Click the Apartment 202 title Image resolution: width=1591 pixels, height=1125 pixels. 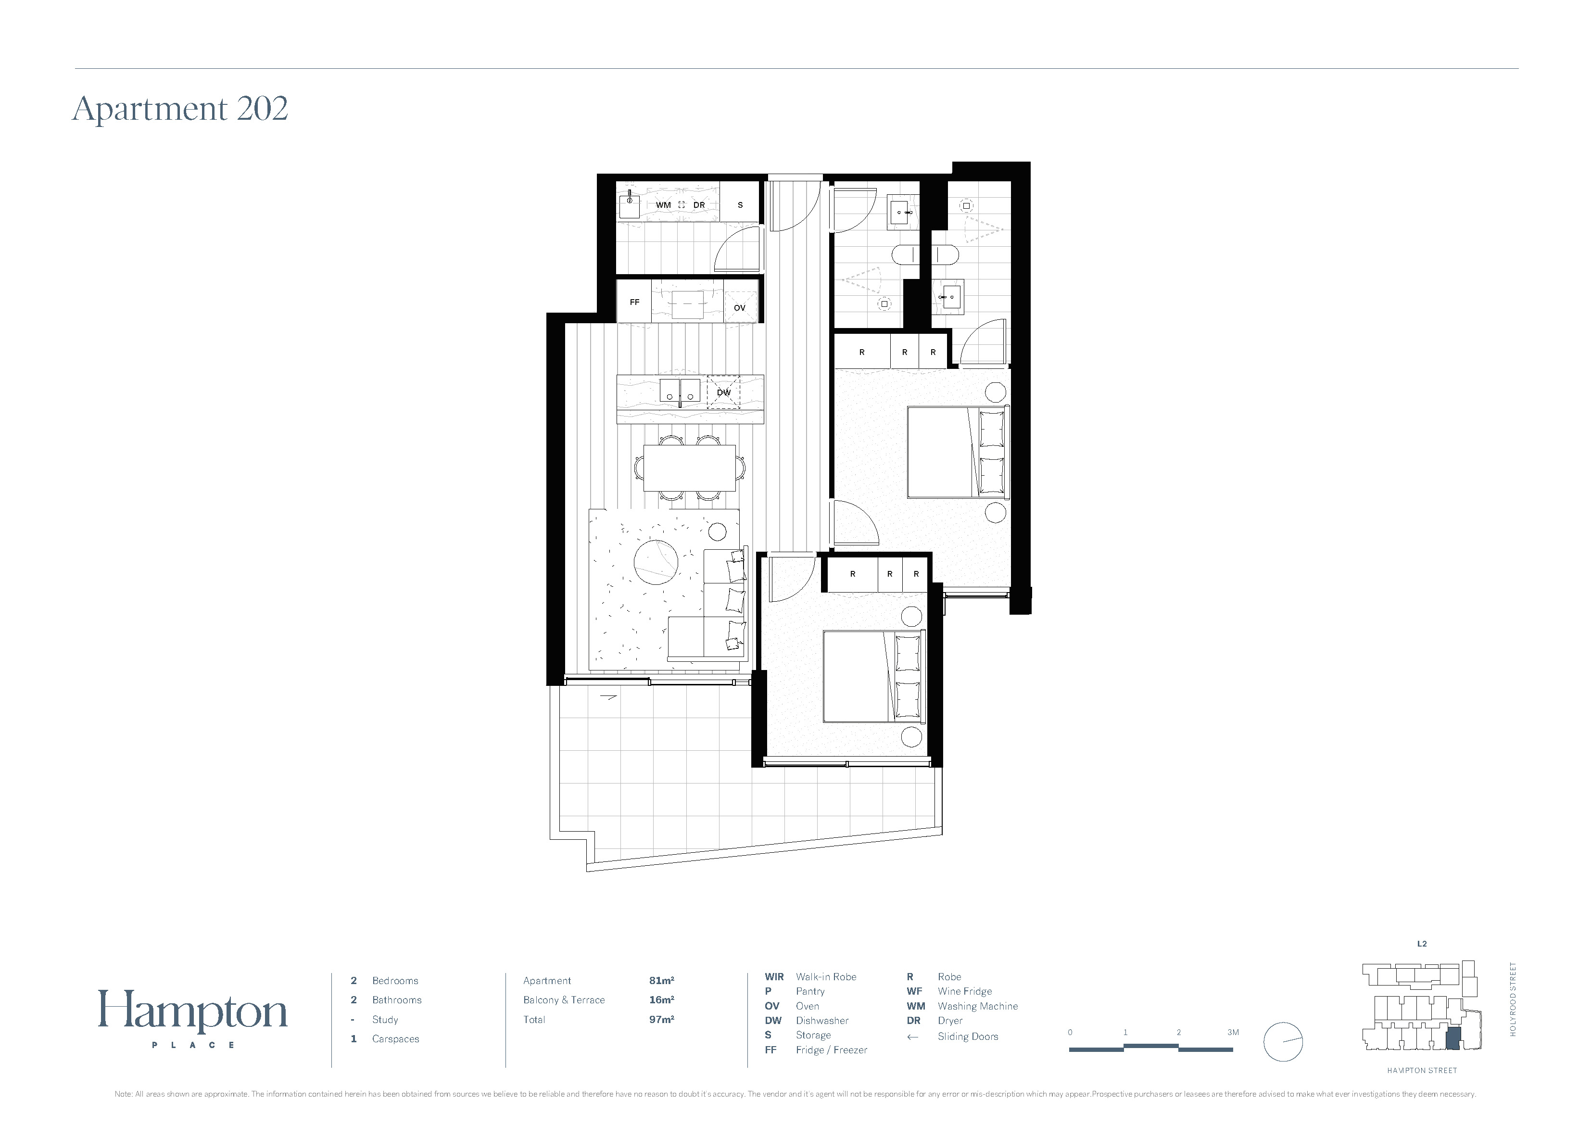click(180, 109)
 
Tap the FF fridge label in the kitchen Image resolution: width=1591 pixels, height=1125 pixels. click(634, 302)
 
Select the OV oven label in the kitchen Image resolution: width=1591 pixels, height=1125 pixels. click(739, 308)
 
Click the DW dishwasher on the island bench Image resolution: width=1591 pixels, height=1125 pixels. click(723, 392)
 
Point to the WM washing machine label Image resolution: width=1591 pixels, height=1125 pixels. click(663, 205)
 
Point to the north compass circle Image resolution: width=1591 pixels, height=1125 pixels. click(1283, 1042)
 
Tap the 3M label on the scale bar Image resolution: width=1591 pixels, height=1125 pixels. click(1233, 1032)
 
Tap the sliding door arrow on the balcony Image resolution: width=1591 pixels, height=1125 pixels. click(607, 697)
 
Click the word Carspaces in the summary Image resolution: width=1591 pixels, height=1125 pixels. click(396, 1038)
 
